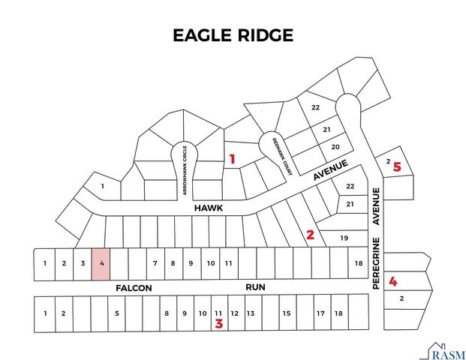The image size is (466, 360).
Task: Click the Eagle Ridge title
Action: click(x=233, y=35)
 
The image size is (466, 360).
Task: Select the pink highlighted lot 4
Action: click(x=101, y=264)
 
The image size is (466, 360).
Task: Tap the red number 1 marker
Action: click(x=233, y=159)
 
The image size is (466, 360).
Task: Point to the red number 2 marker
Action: click(x=310, y=235)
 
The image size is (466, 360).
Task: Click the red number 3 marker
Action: click(x=219, y=324)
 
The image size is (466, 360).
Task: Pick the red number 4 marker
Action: click(x=392, y=282)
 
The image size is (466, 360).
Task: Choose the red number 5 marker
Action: click(x=398, y=167)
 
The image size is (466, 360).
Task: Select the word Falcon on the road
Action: click(x=134, y=288)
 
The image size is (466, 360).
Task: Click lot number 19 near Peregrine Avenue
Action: click(x=344, y=238)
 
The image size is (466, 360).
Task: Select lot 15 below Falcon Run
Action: click(x=286, y=313)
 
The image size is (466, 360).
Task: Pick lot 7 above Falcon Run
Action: click(x=155, y=263)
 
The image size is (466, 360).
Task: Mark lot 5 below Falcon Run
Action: click(x=116, y=313)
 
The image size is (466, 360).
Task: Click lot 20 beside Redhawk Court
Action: click(x=336, y=146)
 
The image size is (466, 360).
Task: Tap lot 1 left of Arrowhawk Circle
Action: click(x=102, y=185)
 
